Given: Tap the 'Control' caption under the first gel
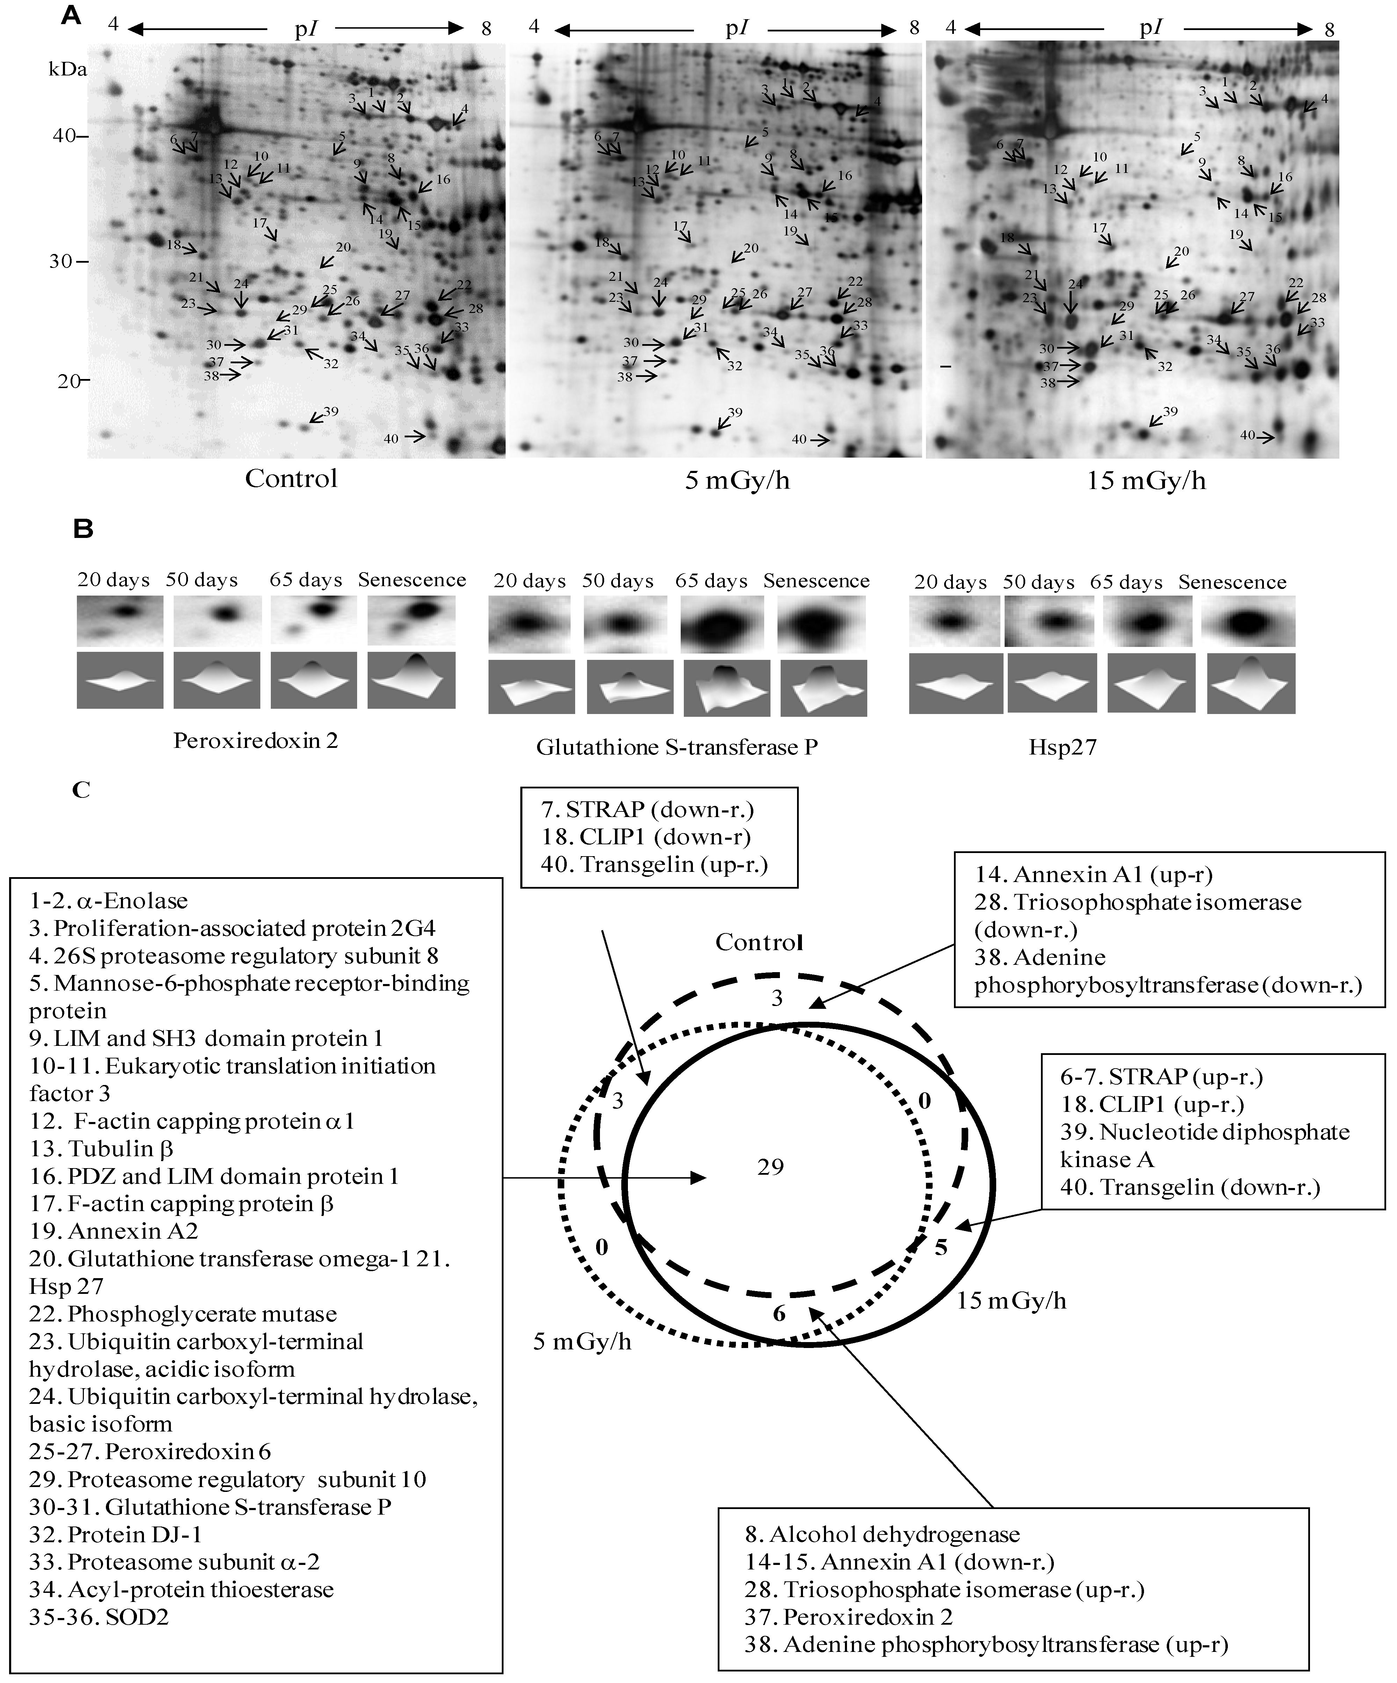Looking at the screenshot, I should pos(291,479).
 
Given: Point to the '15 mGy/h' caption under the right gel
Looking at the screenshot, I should pos(1146,481).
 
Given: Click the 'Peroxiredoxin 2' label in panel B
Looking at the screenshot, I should pos(256,741).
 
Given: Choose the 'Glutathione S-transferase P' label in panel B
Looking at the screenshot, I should pos(677,747).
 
